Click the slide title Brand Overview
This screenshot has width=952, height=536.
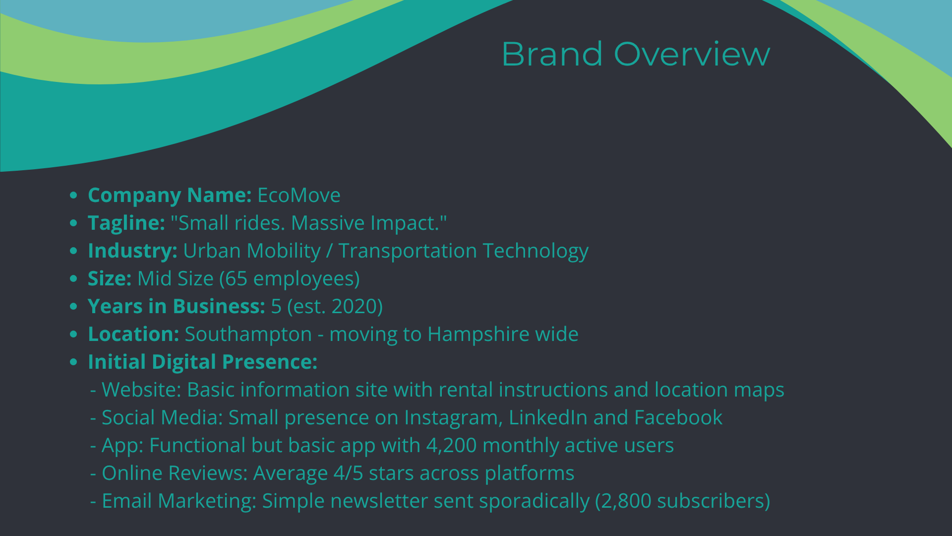pos(636,54)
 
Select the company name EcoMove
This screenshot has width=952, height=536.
pos(299,195)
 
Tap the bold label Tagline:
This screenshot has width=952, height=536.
pos(126,223)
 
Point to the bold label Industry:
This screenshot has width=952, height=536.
pos(132,251)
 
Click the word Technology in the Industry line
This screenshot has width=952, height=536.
pos(535,251)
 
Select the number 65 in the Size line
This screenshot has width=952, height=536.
pos(236,278)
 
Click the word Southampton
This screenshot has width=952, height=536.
pos(248,334)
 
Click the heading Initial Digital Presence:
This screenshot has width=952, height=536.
pos(202,362)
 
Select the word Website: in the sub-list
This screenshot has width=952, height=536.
pos(141,390)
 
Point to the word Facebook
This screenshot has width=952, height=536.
pos(678,417)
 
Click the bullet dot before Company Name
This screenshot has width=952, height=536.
pos(74,195)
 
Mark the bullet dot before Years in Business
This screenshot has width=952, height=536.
pos(74,306)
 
